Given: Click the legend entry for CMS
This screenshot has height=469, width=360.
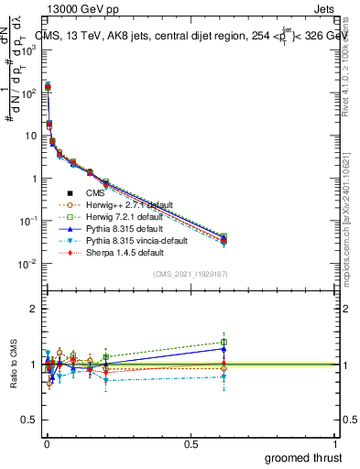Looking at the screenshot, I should click(x=96, y=192).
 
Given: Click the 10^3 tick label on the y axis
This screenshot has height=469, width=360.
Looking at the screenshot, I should click(x=29, y=49).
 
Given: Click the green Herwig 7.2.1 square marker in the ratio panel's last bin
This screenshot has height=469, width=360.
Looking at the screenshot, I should click(x=224, y=343).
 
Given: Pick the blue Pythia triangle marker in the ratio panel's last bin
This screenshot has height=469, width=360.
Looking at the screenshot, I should click(x=224, y=348).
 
